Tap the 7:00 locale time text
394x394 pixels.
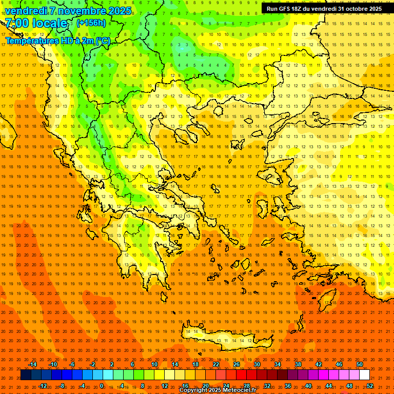(x=36, y=23)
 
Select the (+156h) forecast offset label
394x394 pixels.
(x=91, y=23)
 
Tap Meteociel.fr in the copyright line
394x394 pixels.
(x=240, y=390)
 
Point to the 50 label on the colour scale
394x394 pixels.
(x=360, y=364)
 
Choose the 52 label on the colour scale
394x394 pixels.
(x=370, y=385)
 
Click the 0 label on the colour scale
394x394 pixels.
(x=102, y=385)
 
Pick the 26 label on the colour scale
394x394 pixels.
(x=237, y=364)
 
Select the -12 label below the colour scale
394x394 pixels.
(x=43, y=385)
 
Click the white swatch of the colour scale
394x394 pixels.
(x=365, y=375)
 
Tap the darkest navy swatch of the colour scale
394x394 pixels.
(x=26, y=375)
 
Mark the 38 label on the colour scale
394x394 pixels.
(x=298, y=364)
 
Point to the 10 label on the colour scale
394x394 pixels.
(x=154, y=364)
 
